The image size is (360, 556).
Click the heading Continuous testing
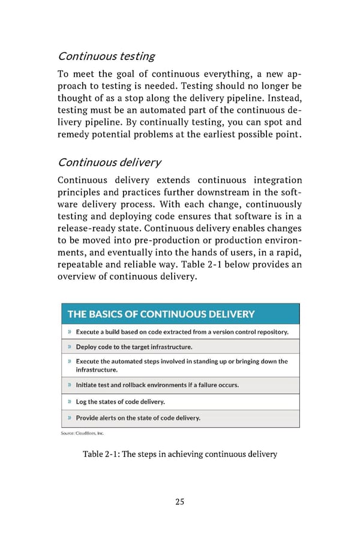tap(106, 56)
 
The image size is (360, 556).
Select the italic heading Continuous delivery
tap(109, 163)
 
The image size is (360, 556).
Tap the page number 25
tap(179, 501)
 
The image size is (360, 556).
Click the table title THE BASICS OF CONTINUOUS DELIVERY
tap(161, 314)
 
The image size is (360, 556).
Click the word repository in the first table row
tap(266, 332)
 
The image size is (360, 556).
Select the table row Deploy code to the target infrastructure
tap(134, 347)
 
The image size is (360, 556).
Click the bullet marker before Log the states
tap(70, 401)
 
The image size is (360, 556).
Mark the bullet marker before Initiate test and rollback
tap(70, 385)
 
